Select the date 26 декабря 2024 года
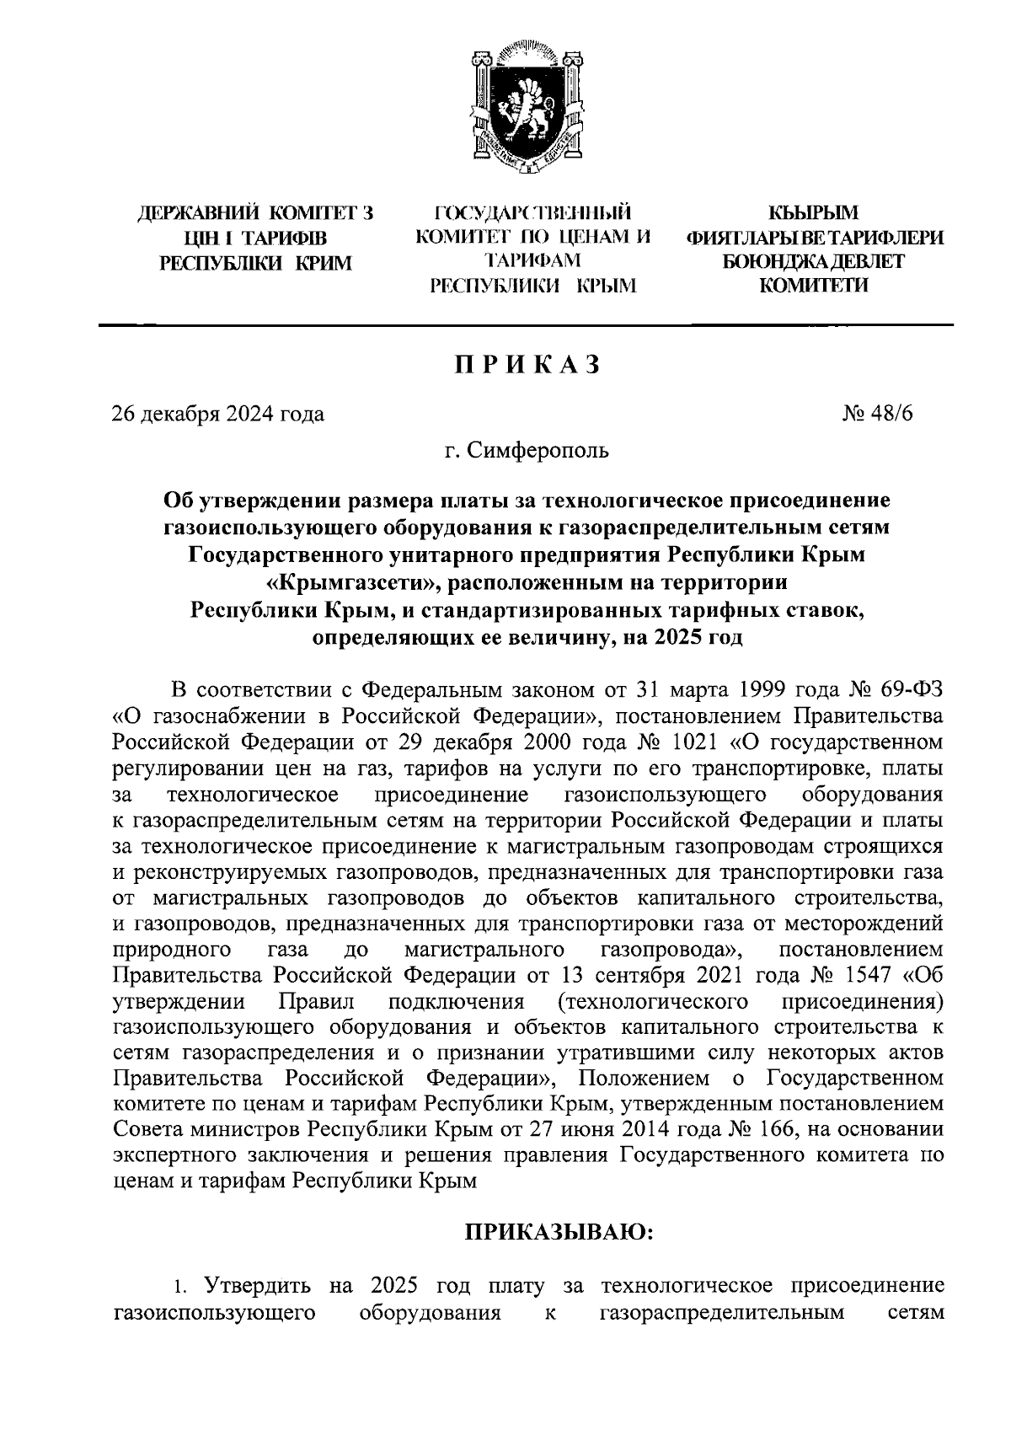(218, 414)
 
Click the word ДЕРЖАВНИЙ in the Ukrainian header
(196, 213)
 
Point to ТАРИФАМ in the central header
(532, 262)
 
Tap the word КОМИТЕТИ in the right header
(813, 287)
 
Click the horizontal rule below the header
(527, 325)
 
